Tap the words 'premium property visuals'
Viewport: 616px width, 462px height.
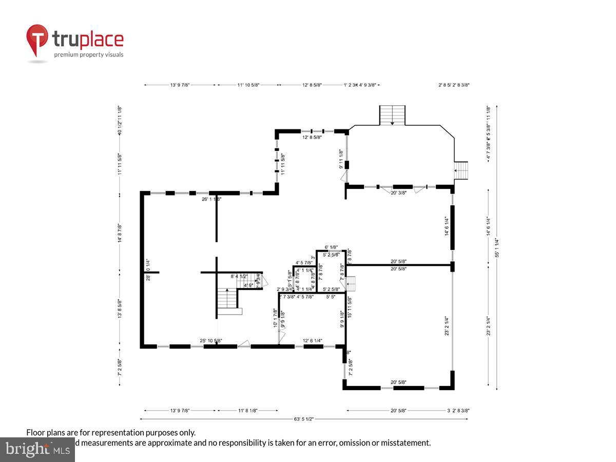(89, 54)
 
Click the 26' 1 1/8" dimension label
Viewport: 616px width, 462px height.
(211, 199)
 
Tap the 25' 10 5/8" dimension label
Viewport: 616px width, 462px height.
(210, 341)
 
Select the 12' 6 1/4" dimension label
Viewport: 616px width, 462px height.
(313, 341)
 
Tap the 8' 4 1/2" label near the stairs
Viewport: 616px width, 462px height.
(239, 276)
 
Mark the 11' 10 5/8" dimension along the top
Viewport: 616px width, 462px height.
(248, 85)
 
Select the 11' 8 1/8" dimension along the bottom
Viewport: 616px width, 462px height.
(247, 410)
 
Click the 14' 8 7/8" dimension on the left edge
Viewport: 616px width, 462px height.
(120, 234)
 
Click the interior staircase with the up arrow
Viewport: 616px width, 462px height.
(227, 299)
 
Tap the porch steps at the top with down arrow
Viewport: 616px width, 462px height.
(392, 115)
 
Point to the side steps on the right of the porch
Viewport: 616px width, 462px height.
(461, 170)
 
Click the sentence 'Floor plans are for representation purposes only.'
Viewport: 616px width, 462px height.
(111, 433)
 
